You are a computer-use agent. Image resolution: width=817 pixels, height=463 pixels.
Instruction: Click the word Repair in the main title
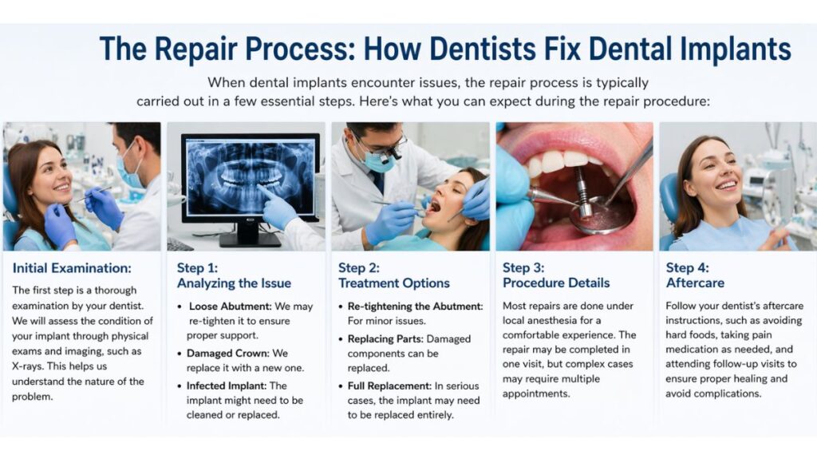click(x=195, y=49)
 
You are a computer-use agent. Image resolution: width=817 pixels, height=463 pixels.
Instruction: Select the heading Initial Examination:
click(x=72, y=268)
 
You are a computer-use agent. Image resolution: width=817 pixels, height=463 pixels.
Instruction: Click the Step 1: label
click(x=198, y=268)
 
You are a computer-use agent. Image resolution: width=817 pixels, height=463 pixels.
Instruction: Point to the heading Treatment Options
click(x=394, y=283)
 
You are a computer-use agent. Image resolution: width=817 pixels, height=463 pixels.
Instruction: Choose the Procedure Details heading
click(x=556, y=283)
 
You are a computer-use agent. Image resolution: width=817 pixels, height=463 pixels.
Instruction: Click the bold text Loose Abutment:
click(x=231, y=307)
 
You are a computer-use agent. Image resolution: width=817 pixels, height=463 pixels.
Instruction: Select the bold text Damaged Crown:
click(x=228, y=353)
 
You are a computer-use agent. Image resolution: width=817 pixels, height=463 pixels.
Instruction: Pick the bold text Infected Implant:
click(x=227, y=386)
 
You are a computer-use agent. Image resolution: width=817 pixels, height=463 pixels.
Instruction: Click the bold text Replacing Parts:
click(x=385, y=339)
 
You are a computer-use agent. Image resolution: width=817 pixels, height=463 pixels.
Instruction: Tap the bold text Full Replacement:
click(x=389, y=386)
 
